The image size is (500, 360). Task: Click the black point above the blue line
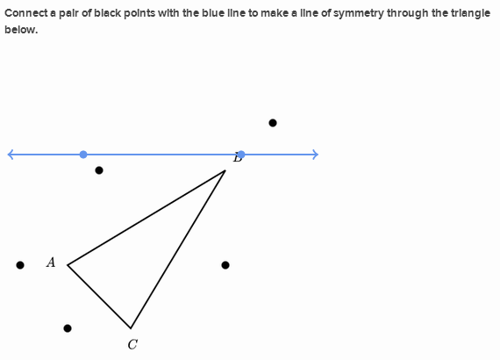tap(273, 123)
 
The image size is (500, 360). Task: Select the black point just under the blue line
tap(99, 170)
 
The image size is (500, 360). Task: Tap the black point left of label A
tap(20, 265)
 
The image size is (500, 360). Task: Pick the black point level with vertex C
tap(68, 328)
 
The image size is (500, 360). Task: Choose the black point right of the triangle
tap(225, 265)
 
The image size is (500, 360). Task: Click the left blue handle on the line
tap(83, 155)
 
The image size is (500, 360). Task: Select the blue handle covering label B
tap(241, 155)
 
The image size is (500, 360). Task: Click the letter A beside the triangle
tap(51, 263)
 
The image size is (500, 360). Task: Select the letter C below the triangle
tap(132, 345)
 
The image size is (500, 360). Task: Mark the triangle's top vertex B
tap(225, 170)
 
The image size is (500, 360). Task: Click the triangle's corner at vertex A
tap(68, 265)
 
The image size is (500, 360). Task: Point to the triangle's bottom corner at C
tap(131, 328)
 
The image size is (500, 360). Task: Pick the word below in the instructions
tap(21, 30)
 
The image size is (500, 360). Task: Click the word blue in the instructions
tap(211, 13)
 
